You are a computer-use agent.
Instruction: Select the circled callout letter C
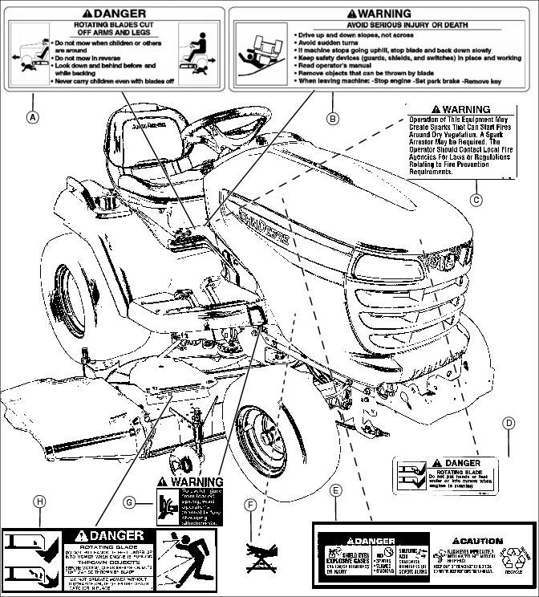[476, 200]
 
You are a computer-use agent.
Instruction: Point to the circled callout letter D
[509, 423]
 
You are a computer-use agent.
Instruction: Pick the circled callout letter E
[336, 489]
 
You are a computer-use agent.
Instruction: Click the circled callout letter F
[252, 505]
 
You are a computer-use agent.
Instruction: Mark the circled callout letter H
[38, 502]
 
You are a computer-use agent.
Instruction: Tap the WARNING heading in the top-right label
[379, 14]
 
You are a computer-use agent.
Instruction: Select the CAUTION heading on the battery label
[478, 541]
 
